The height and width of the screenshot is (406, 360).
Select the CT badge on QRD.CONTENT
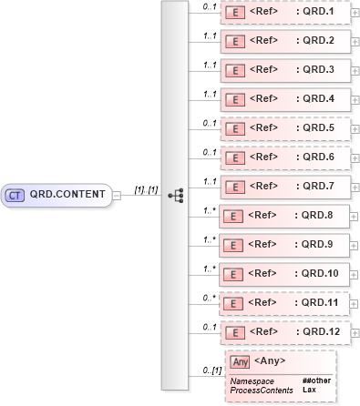[15, 195]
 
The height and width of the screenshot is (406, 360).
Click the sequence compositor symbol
[176, 195]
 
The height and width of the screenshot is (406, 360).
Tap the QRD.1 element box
[284, 13]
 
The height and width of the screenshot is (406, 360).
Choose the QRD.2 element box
[284, 42]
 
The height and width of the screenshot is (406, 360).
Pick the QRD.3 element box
[284, 70]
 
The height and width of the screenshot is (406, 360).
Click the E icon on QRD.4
[233, 99]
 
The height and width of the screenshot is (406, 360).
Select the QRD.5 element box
[284, 128]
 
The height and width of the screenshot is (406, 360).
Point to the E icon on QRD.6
[233, 157]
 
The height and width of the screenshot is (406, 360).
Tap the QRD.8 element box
[284, 216]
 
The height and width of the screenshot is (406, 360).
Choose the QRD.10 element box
[284, 274]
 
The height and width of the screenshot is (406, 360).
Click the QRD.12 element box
[284, 332]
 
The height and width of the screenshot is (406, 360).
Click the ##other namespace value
[315, 381]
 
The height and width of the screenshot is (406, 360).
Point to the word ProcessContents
[262, 390]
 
